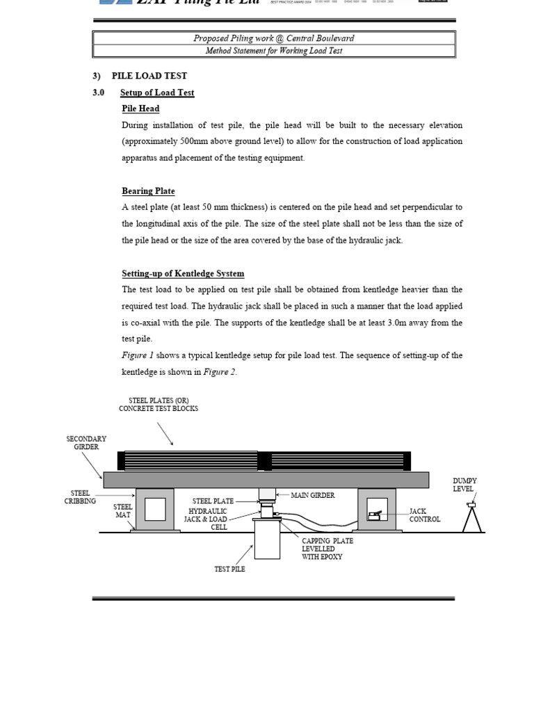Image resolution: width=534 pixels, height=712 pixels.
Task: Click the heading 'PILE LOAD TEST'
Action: [149, 76]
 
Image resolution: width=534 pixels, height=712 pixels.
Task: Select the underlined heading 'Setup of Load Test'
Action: [157, 92]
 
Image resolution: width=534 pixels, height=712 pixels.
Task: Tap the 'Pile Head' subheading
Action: [140, 108]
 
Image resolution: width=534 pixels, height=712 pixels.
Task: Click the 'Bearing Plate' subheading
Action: [148, 191]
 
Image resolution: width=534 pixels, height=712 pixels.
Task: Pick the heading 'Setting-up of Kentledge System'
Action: [183, 273]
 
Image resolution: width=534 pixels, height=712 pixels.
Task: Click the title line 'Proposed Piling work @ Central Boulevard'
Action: [274, 38]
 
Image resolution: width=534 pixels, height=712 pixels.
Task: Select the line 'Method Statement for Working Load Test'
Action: [274, 51]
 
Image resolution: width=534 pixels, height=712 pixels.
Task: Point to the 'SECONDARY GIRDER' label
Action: [86, 443]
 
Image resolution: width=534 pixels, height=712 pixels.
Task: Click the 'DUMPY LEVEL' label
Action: [464, 485]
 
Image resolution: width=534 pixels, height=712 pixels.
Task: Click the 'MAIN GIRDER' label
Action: [312, 495]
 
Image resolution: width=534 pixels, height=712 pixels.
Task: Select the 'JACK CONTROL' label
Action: [424, 515]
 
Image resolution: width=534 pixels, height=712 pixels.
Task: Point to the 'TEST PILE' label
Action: [229, 569]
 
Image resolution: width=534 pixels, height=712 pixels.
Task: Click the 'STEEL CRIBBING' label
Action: [80, 497]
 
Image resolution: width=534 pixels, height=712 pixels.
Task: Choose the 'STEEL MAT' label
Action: [122, 511]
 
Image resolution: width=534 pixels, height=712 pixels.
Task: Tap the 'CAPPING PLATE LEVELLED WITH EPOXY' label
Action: [327, 549]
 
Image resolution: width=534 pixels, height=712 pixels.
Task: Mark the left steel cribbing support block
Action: [155, 510]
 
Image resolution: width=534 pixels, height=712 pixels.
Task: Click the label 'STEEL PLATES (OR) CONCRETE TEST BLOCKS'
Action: [158, 404]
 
